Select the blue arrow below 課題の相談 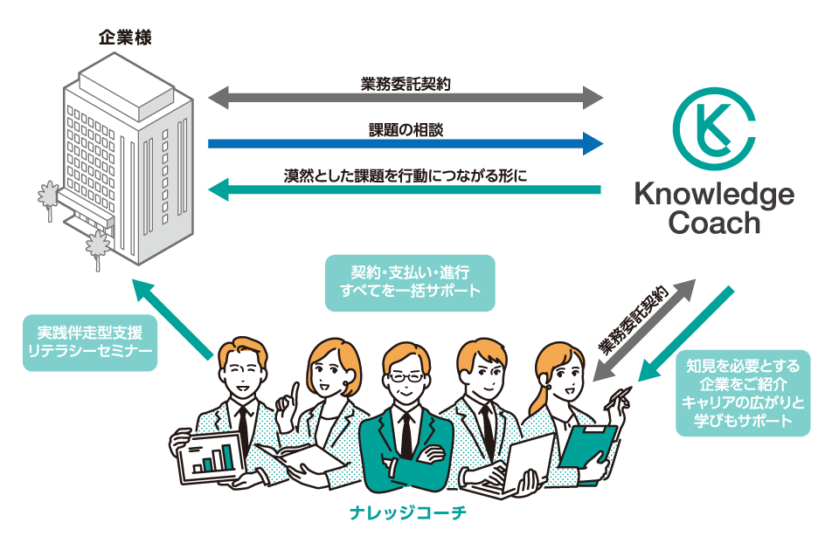tap(406, 143)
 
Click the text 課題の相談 tap(406, 128)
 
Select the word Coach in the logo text tap(714, 223)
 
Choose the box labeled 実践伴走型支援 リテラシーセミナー tap(90, 341)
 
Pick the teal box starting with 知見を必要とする tap(744, 394)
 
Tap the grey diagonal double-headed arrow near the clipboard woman tap(644, 330)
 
